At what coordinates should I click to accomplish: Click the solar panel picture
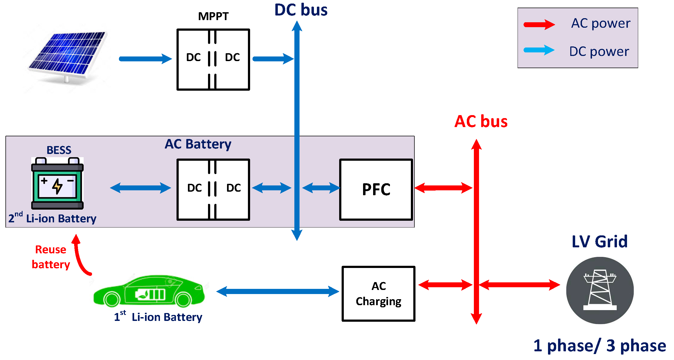(x=67, y=57)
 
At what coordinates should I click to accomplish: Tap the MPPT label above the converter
(x=213, y=16)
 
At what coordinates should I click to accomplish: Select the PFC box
(x=376, y=190)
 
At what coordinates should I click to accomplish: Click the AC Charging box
(x=379, y=294)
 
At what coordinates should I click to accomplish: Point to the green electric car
(x=149, y=291)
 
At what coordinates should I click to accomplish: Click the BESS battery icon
(x=57, y=183)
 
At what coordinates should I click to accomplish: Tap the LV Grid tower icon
(x=600, y=290)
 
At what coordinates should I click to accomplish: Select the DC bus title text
(x=301, y=10)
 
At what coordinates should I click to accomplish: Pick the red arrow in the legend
(x=539, y=24)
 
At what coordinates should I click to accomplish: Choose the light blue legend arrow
(x=539, y=50)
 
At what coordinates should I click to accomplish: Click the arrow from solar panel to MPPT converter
(x=146, y=59)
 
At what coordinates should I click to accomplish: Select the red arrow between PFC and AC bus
(x=443, y=188)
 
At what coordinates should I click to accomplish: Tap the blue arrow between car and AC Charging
(x=278, y=292)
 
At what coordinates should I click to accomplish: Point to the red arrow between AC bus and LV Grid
(x=519, y=285)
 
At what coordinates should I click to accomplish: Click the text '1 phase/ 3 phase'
(x=600, y=346)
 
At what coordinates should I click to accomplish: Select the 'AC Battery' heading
(x=198, y=144)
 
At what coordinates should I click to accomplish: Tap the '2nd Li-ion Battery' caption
(x=52, y=218)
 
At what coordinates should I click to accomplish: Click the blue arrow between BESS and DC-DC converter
(x=140, y=188)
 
